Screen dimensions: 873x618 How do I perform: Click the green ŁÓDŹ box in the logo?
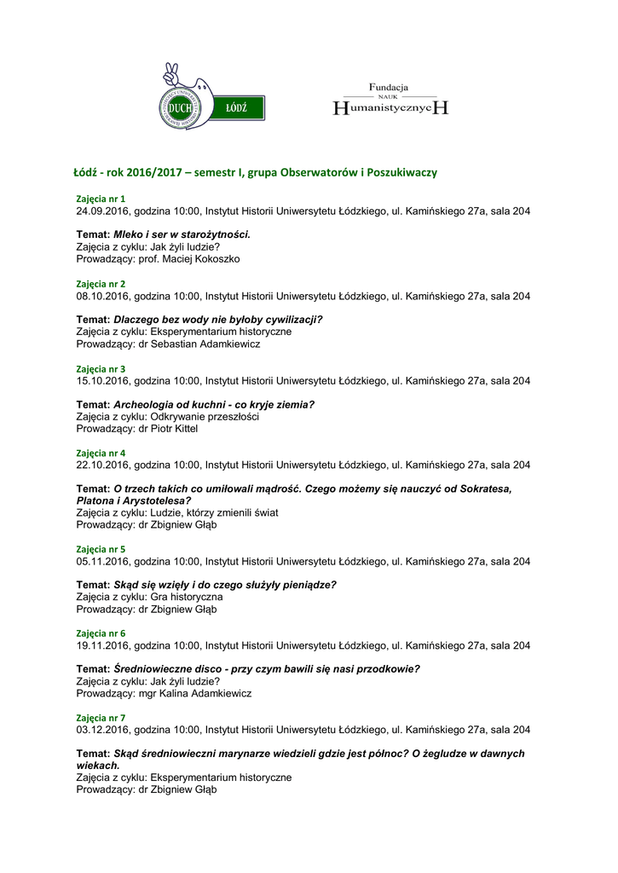238,107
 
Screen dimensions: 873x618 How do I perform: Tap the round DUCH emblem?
181,107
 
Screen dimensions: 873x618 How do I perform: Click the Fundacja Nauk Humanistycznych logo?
390,100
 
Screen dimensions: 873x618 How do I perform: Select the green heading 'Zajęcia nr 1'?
101,199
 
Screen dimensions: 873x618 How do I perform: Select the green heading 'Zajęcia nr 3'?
101,368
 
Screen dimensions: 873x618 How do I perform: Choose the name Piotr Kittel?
175,429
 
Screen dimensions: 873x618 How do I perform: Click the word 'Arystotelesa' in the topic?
156,501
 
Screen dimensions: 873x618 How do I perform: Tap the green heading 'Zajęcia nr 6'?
101,633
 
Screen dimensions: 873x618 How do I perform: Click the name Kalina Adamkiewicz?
205,694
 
